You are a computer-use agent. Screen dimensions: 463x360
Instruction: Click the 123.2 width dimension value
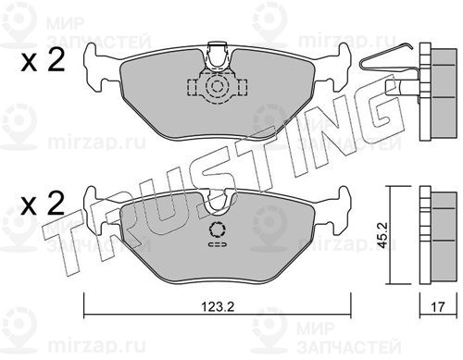[x=218, y=307]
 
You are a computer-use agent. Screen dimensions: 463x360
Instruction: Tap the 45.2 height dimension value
[x=382, y=236]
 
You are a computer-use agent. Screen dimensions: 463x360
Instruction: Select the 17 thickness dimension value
[x=438, y=307]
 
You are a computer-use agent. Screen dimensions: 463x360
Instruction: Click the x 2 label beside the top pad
[x=43, y=61]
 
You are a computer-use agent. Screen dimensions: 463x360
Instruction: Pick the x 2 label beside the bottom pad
[x=43, y=204]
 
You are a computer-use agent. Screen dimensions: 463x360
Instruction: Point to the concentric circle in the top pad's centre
[x=217, y=87]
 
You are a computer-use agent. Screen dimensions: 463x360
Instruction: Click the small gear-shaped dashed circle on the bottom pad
[x=218, y=230]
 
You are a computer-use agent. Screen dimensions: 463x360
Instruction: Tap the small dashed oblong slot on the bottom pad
[x=218, y=244]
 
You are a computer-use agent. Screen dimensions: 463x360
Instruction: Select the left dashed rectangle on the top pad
[x=193, y=87]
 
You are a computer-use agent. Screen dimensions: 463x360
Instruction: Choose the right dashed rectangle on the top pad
[x=243, y=87]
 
